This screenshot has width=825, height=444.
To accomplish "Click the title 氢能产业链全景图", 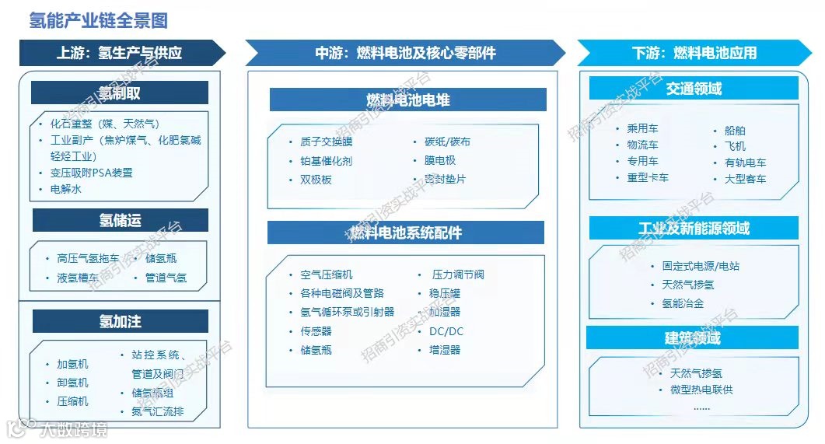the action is coord(98,20).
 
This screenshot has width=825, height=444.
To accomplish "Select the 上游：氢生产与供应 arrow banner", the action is coord(119,53).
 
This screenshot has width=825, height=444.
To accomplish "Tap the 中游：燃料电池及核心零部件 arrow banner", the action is coord(405,53).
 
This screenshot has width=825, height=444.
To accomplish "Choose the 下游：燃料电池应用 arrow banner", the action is coord(694,53).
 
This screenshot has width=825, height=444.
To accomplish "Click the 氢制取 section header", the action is coord(120,93).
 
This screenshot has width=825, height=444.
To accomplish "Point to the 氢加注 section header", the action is coord(120,321).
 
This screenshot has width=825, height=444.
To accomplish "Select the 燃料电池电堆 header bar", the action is coord(407,100).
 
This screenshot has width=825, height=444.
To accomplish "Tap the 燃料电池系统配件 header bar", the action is coord(405,232).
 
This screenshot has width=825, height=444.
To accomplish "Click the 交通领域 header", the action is coord(694,88).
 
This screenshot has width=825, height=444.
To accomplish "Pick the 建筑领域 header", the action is coord(693,337).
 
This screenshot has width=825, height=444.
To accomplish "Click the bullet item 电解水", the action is coord(66,189).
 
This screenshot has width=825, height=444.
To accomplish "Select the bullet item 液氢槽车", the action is coord(78,278).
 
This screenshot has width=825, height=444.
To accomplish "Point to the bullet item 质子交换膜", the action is coord(326,142).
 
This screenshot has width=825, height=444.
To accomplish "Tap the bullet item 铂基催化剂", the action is coord(326,161).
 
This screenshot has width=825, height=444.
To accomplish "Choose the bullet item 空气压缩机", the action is coord(326,274).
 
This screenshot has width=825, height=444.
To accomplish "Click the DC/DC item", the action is coord(446,331).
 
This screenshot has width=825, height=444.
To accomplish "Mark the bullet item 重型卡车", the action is coord(648,177).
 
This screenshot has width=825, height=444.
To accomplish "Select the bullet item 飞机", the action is coord(735,146).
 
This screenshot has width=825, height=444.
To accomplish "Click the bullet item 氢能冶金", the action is coord(683,303).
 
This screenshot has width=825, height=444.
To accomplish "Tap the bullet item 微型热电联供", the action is coord(701,390).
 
